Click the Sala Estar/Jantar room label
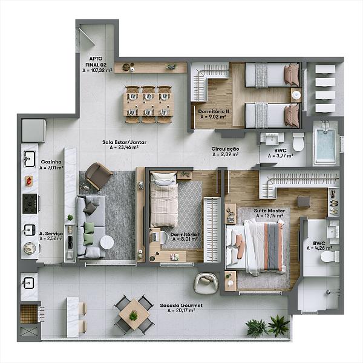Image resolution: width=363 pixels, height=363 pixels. [124, 142]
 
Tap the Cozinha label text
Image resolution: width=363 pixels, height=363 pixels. [51, 162]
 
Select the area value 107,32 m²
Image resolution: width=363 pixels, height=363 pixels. [97, 70]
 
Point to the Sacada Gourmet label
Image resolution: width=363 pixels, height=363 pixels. [181, 306]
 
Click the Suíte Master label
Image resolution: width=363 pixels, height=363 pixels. [269, 211]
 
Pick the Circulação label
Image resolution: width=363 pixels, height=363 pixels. [225, 149]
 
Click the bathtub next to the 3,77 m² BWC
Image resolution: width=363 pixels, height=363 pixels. [325, 145]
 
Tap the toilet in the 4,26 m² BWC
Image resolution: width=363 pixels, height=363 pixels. [329, 257]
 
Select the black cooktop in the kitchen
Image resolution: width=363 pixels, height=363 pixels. [30, 204]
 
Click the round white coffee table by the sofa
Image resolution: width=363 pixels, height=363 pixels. [107, 243]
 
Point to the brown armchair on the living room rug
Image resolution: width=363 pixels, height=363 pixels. [98, 175]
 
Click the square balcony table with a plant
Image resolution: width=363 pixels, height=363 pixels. [134, 315]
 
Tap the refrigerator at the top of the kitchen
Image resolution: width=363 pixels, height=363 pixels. [34, 130]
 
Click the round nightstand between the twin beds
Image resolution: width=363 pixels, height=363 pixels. [296, 95]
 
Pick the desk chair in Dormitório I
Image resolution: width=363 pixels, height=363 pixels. [163, 237]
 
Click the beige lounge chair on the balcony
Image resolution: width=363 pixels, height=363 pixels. [206, 283]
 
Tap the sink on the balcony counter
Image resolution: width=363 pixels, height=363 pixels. [28, 283]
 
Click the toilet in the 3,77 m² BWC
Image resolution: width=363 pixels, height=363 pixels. [298, 142]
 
